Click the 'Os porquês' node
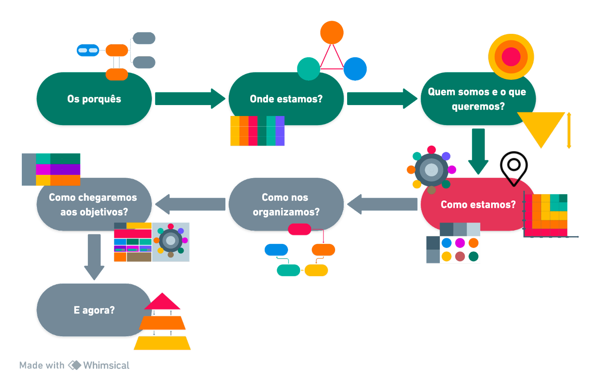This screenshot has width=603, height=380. tap(94, 99)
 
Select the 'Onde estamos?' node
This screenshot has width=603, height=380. tap(286, 99)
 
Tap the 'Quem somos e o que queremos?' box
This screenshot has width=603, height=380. tap(478, 99)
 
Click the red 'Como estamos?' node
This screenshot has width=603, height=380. tap(478, 204)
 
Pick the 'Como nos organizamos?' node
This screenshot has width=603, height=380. tap(286, 204)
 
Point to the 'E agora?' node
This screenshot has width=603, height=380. tap(94, 310)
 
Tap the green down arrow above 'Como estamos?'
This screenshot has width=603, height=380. tap(478, 151)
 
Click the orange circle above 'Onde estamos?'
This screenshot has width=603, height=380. tap(332, 32)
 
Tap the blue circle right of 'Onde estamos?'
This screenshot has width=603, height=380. tap(355, 69)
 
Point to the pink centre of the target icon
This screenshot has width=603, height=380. tap(511, 57)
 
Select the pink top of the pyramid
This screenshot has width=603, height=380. tap(162, 302)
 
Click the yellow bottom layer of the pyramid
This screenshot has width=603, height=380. tap(162, 343)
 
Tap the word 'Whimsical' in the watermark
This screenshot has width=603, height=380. tap(105, 365)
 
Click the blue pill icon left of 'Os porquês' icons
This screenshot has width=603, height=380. tap(88, 50)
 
